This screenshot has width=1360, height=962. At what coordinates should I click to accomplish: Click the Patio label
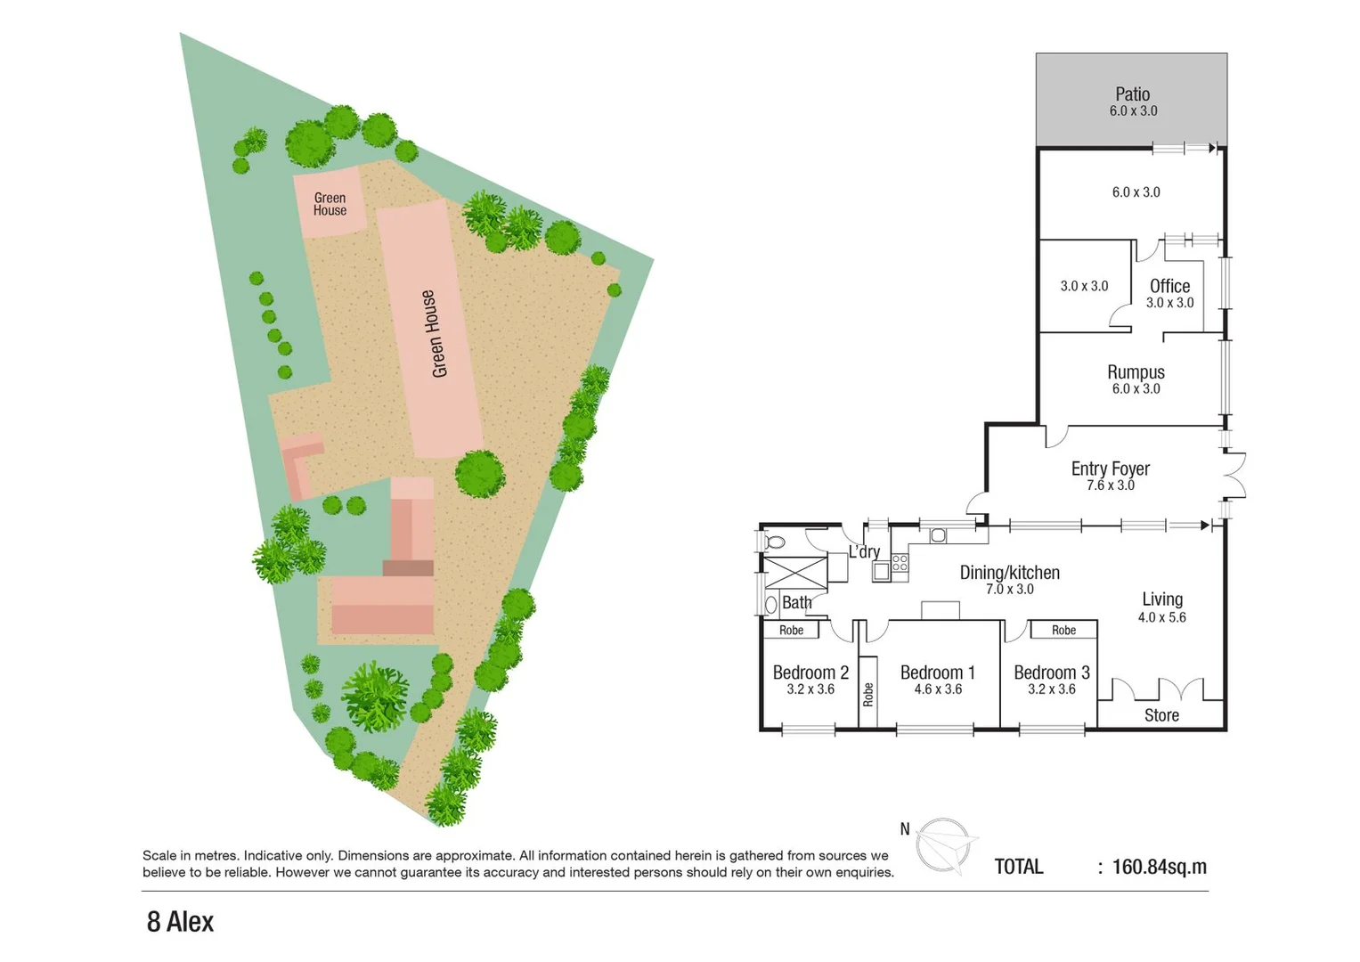(1132, 94)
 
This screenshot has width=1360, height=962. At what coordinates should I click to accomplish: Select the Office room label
(1169, 286)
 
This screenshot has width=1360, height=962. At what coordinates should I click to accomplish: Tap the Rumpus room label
(1136, 372)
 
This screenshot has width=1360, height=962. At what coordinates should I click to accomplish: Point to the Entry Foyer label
(1110, 469)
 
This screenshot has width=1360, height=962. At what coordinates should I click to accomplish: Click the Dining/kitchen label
(1009, 573)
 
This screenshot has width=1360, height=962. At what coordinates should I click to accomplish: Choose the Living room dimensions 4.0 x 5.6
(1161, 617)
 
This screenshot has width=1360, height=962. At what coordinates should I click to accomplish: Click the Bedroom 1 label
(937, 673)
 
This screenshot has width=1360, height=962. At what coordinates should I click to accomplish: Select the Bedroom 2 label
(810, 673)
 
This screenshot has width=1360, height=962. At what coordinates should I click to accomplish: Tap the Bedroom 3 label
(1051, 673)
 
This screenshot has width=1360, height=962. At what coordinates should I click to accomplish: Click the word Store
(1160, 715)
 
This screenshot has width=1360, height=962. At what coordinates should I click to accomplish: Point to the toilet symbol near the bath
(774, 542)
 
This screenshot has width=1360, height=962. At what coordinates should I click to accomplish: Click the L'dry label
(863, 552)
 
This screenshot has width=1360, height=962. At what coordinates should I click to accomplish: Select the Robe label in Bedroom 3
(1063, 630)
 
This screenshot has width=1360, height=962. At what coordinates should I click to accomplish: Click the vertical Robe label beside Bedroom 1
(868, 695)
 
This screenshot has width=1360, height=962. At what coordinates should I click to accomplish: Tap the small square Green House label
(330, 204)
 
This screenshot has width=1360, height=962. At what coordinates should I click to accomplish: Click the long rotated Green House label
(434, 333)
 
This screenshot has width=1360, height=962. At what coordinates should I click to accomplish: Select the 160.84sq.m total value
(1159, 867)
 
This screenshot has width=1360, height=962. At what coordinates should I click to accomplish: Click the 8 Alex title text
(180, 922)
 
